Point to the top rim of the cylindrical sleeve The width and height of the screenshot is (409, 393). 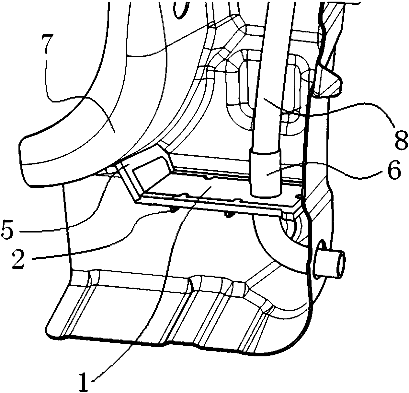click(265, 150)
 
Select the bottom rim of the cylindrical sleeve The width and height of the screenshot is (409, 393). click(265, 195)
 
